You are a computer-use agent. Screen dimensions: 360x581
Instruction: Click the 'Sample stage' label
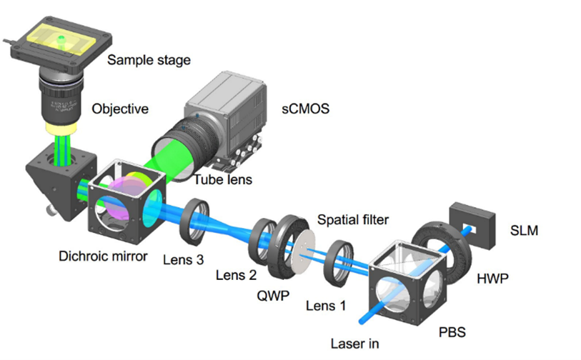tap(149, 60)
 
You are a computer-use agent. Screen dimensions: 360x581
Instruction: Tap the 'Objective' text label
tap(120, 109)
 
